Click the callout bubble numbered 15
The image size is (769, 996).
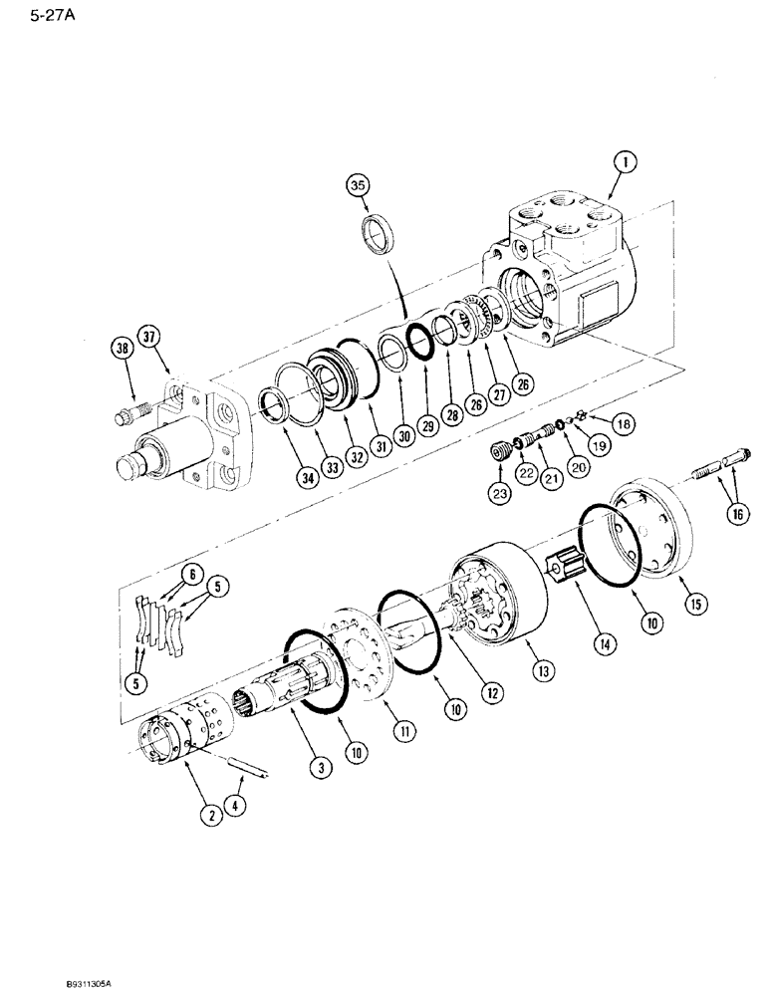pyautogui.click(x=686, y=604)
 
